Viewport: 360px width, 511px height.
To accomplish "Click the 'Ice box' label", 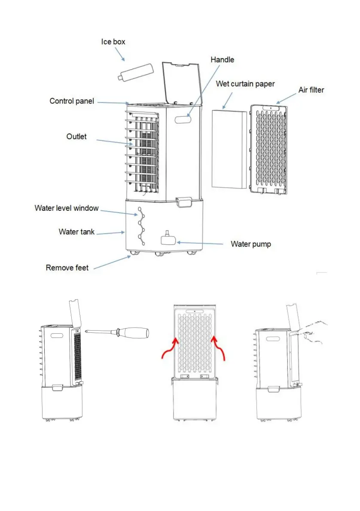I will point(113,42).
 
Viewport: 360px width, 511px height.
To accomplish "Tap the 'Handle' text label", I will point(222,60).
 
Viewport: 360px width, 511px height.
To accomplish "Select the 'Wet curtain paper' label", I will point(245,83).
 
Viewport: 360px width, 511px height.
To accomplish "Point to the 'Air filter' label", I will point(311,90).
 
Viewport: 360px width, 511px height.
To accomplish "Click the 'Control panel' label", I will point(72,101).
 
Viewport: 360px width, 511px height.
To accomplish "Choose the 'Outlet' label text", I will point(76,137).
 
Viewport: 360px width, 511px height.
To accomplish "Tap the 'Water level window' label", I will point(67,208).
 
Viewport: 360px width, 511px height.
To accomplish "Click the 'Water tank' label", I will point(76,232).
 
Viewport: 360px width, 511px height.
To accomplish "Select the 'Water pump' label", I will point(251,244).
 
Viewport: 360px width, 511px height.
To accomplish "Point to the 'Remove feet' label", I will point(67,268).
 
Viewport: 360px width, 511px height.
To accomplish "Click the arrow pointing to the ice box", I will point(119,55).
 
